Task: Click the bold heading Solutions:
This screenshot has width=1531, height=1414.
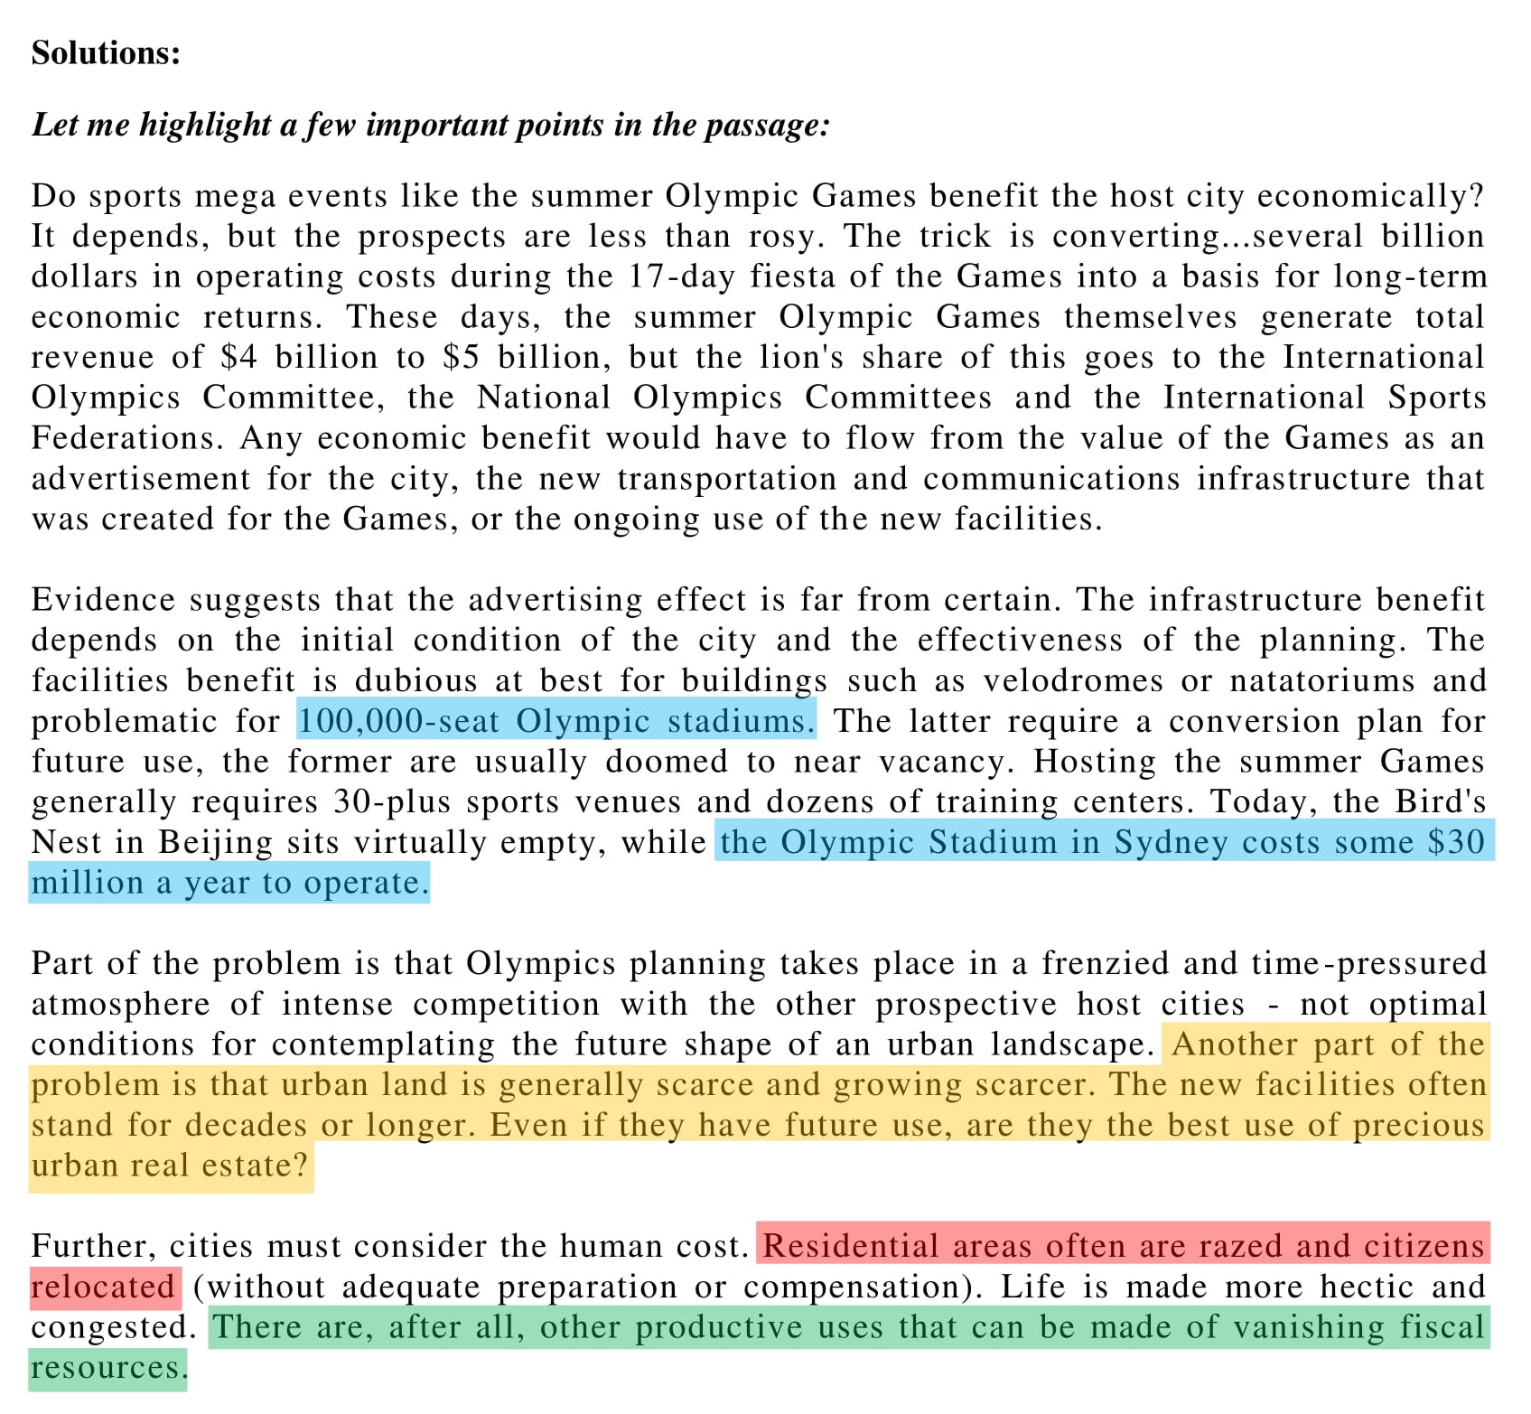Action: pyautogui.click(x=106, y=53)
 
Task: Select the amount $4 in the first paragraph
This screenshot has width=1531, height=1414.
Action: pyautogui.click(x=238, y=358)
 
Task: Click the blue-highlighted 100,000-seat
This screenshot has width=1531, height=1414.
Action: pyautogui.click(x=398, y=721)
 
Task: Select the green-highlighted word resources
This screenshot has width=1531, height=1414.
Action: pyautogui.click(x=107, y=1368)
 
